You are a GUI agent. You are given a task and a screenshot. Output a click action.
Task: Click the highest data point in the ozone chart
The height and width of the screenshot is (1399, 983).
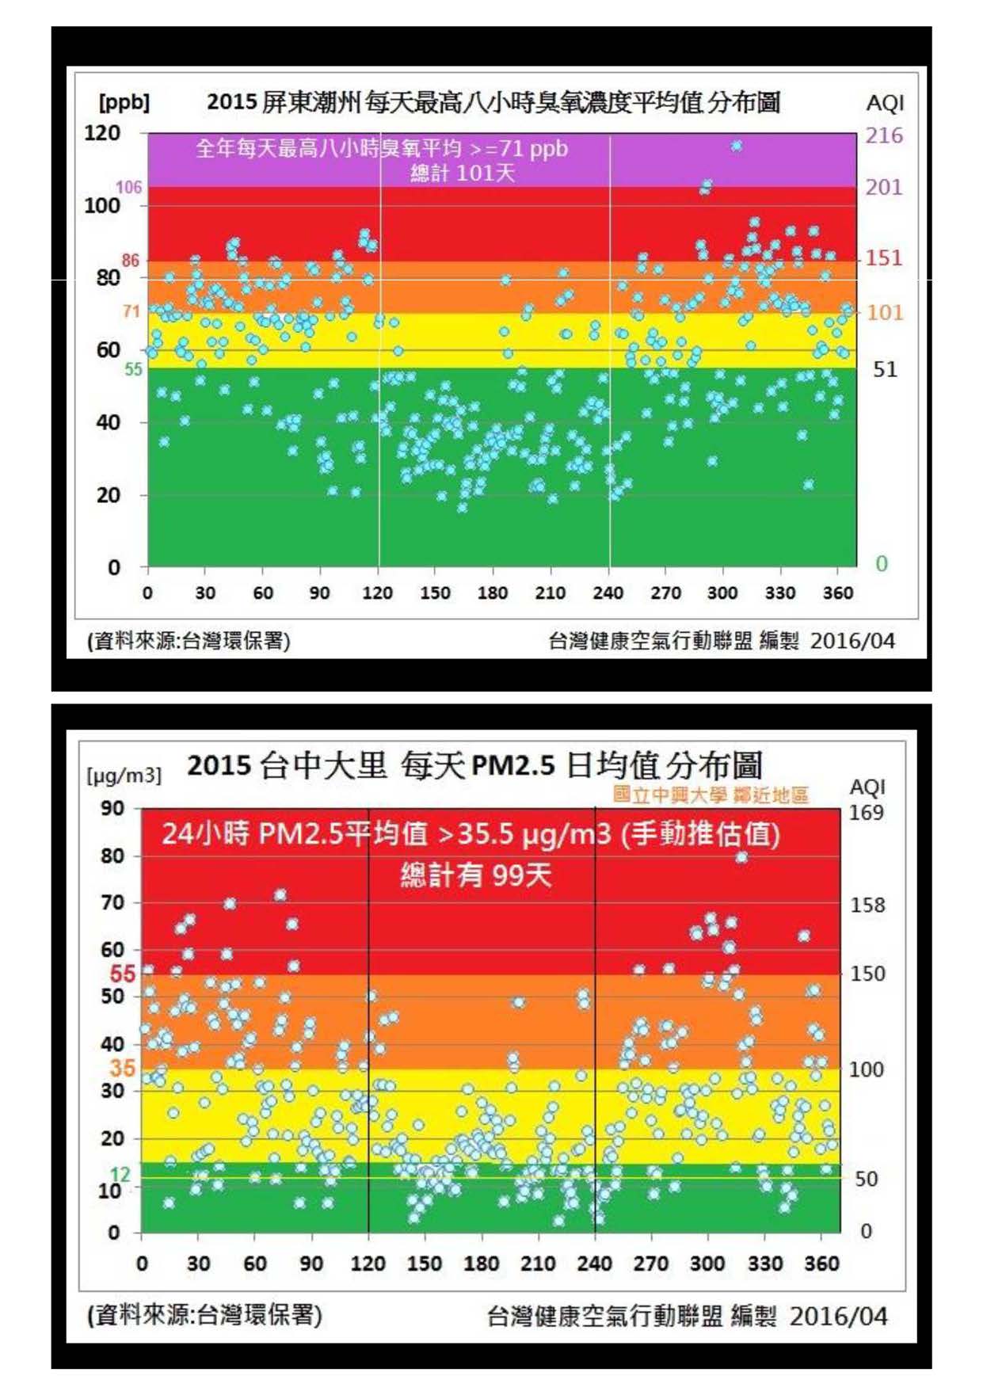737,146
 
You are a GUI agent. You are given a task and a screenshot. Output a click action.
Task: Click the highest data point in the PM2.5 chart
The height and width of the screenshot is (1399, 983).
741,856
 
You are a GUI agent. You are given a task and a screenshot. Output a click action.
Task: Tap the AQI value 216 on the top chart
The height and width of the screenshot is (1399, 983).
883,135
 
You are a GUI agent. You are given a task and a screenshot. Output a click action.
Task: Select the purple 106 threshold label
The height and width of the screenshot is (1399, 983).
128,187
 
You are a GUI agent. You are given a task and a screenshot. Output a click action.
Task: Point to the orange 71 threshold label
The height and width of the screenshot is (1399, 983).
131,311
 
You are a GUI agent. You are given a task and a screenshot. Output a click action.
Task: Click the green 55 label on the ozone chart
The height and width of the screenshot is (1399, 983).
133,369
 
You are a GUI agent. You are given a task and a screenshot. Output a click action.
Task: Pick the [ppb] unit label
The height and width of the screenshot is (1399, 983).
124,102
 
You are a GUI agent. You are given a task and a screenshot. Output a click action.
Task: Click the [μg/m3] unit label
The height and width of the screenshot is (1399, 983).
124,775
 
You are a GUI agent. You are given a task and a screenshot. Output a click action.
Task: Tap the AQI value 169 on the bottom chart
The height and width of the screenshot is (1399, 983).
866,813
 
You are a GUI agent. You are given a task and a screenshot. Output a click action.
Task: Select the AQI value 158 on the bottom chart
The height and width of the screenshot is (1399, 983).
867,905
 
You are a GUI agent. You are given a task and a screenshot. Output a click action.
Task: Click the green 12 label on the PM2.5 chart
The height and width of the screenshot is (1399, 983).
120,1174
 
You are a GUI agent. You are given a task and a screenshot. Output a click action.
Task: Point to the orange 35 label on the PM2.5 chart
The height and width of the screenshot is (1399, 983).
122,1068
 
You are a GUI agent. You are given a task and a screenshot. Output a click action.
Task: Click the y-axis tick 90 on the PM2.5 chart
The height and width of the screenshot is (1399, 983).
112,808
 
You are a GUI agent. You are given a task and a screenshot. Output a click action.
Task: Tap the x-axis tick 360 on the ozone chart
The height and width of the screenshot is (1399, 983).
838,593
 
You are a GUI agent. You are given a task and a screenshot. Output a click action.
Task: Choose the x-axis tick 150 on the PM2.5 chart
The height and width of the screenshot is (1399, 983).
425,1263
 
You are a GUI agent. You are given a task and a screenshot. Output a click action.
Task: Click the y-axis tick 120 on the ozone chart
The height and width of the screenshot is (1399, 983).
102,133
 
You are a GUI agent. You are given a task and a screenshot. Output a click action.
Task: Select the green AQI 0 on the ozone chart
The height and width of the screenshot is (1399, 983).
881,563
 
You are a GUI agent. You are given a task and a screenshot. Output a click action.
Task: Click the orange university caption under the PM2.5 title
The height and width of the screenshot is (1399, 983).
711,795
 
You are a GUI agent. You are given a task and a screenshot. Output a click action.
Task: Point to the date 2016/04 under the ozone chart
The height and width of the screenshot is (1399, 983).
852,640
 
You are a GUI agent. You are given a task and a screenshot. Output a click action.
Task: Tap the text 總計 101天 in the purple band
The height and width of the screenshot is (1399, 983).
463,173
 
